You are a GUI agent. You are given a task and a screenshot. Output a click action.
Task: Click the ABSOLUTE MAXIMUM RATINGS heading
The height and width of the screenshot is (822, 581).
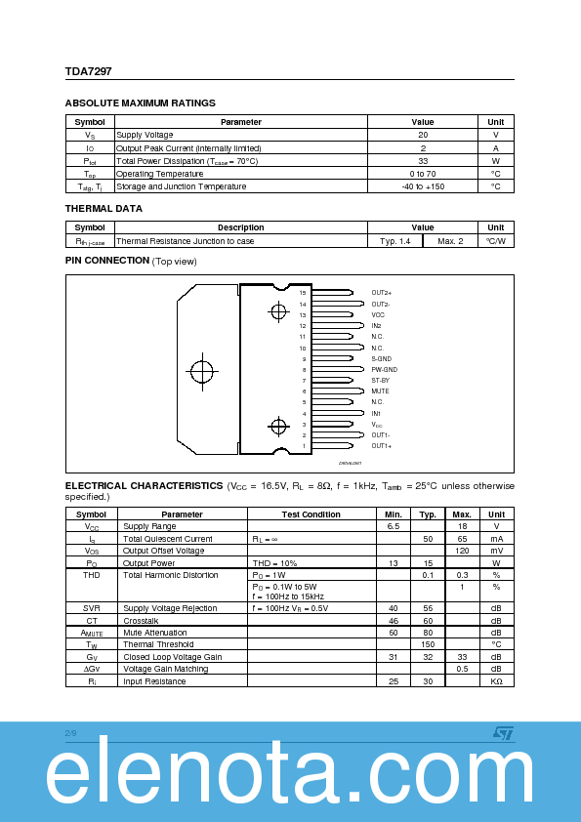[140, 103]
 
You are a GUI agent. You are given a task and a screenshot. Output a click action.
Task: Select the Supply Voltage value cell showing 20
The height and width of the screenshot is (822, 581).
[423, 135]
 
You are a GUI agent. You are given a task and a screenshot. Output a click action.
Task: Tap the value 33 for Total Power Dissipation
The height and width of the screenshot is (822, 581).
[423, 160]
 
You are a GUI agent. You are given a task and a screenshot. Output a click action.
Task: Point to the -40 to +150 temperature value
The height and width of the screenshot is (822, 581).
[423, 185]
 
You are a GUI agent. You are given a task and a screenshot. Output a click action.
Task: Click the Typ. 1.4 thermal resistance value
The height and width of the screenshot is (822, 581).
[394, 240]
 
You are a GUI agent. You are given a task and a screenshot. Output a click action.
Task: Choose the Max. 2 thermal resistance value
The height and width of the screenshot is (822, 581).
[450, 240]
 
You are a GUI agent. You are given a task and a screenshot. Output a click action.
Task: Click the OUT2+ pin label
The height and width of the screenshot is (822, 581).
[381, 293]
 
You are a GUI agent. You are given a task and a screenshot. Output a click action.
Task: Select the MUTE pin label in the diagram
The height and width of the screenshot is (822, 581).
[380, 390]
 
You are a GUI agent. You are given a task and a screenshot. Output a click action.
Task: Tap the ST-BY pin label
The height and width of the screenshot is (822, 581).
[380, 381]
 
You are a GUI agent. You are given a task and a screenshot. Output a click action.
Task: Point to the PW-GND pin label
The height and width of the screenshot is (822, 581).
[384, 370]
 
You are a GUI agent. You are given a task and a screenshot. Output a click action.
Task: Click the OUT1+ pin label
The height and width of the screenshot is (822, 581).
[381, 446]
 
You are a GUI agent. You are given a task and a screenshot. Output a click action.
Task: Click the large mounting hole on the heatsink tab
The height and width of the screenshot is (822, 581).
[201, 372]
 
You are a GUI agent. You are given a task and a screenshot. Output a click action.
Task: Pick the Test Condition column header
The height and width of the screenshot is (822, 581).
[311, 514]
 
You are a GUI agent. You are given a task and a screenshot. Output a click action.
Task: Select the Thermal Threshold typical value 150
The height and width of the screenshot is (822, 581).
[427, 644]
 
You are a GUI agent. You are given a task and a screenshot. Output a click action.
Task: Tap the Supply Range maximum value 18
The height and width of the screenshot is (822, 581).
[462, 526]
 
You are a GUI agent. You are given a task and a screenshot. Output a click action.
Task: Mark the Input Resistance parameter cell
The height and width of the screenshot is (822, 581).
[154, 680]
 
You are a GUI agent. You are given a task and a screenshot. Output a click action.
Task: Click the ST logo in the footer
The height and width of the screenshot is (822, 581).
[501, 732]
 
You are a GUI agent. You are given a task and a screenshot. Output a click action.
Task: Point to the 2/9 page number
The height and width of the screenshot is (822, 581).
[70, 732]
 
